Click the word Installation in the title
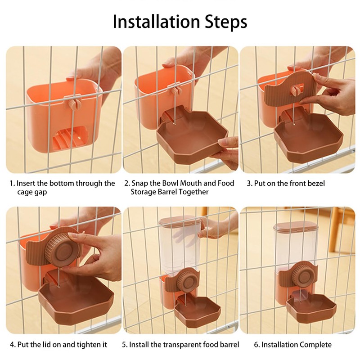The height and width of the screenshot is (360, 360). pos(156,21)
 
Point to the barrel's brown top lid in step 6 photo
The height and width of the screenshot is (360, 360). pos(296,226)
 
